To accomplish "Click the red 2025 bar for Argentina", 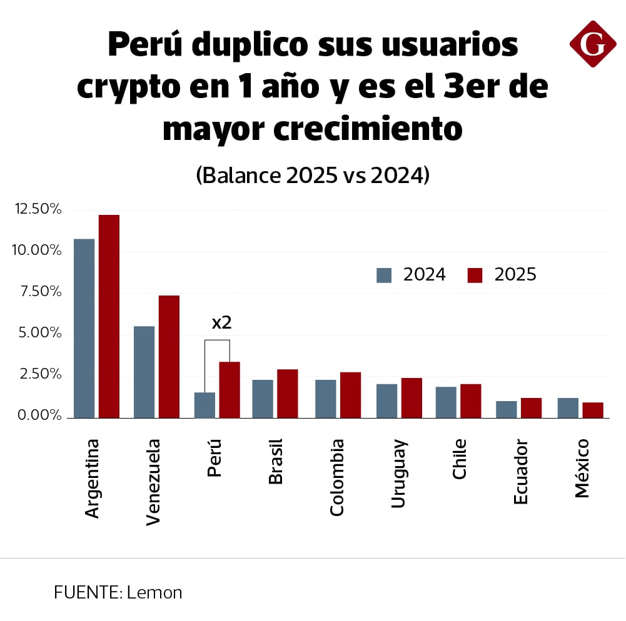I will [109, 316].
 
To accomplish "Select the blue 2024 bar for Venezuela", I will [144, 372].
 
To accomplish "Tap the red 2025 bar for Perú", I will [230, 390].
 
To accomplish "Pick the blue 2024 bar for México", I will [568, 408].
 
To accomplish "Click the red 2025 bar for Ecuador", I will [531, 408].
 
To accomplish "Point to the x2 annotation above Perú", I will [222, 323].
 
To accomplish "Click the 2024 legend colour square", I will [384, 275].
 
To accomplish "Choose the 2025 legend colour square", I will [475, 275].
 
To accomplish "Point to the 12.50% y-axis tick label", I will [38, 209].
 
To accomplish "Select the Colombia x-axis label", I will [337, 477].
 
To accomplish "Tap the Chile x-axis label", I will [460, 459].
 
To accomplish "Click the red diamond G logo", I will [592, 44].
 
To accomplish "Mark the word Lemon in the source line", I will [154, 592].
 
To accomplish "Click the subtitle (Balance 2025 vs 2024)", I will [313, 176].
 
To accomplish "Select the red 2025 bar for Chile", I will [470, 401].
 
